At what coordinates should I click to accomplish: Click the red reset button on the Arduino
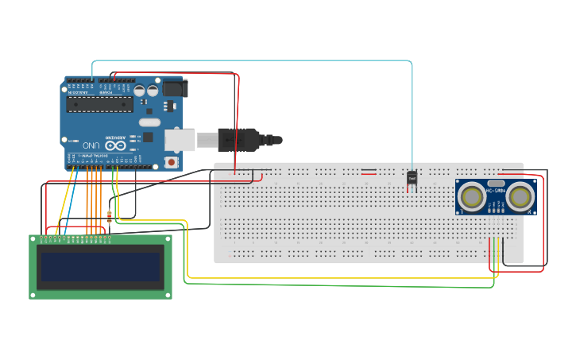pos(170,162)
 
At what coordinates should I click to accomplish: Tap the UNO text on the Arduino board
pos(92,145)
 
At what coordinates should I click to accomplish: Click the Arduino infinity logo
pos(116,145)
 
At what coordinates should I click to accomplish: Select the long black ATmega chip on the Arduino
pos(99,104)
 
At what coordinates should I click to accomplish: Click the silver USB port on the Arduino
pos(180,140)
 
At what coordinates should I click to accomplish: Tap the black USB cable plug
pos(238,140)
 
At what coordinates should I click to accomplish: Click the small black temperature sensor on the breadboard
pos(412,179)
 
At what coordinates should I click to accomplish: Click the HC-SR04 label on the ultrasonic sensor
pos(496,191)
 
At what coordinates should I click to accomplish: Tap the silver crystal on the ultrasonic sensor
pos(496,182)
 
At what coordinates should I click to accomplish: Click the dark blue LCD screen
pos(100,266)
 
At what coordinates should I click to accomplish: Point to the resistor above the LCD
pos(109,217)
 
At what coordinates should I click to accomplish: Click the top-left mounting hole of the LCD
pos(34,239)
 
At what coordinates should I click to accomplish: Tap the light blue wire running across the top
pos(254,60)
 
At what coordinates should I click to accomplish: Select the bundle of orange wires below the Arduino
pos(92,199)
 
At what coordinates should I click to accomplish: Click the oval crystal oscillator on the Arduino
pos(149,122)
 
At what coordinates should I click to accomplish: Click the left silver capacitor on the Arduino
pos(139,91)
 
